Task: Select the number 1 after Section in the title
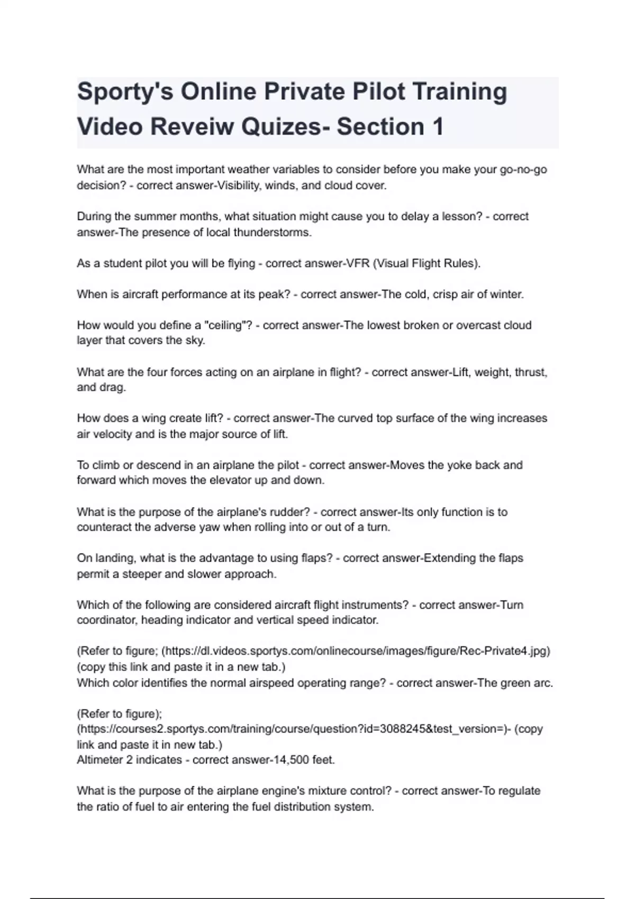pyautogui.click(x=437, y=127)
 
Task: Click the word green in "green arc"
pyautogui.click(x=515, y=683)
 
